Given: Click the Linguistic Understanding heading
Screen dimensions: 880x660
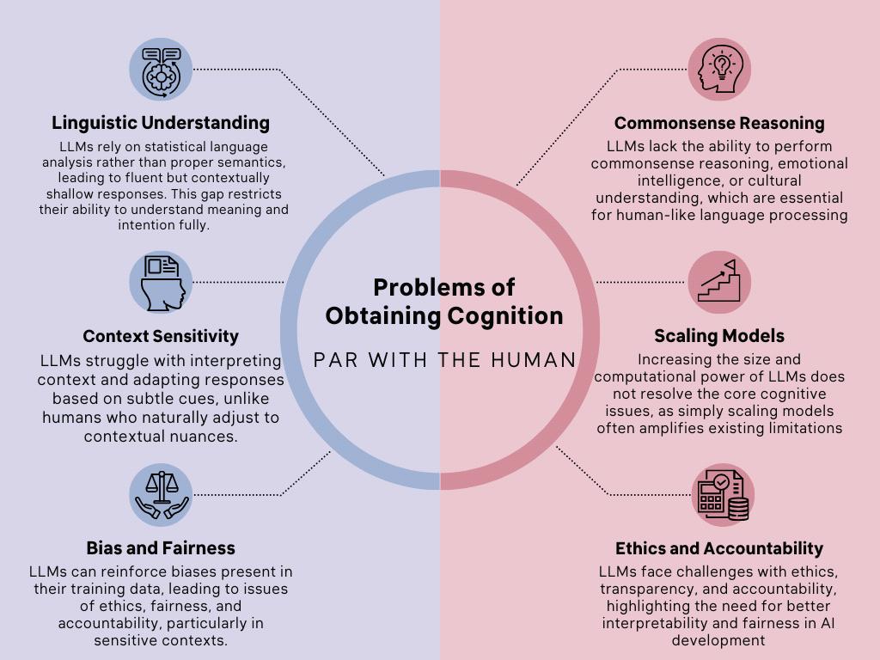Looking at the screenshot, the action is point(161,123).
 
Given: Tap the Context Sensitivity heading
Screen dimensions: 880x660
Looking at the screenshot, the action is point(161,336).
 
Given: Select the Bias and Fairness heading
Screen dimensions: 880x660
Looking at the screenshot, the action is point(161,547).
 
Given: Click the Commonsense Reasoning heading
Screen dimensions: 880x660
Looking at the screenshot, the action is point(719,123).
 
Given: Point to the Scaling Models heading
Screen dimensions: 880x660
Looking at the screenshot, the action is point(719,336).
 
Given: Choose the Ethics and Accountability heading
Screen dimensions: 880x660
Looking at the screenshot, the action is point(719,547).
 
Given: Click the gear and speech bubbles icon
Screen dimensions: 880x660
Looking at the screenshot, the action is point(161,70).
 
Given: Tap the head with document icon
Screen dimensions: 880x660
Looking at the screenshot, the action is point(161,282).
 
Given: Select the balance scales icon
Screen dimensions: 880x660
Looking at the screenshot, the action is point(161,495).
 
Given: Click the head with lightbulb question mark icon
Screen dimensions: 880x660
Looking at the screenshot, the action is point(719,70).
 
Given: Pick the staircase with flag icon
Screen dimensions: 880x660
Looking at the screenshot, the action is point(719,282).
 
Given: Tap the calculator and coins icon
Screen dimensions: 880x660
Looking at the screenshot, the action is point(719,495).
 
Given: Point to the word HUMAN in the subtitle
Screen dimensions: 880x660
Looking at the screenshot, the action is point(535,359).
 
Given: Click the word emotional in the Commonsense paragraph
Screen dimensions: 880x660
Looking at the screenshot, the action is point(808,163).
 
